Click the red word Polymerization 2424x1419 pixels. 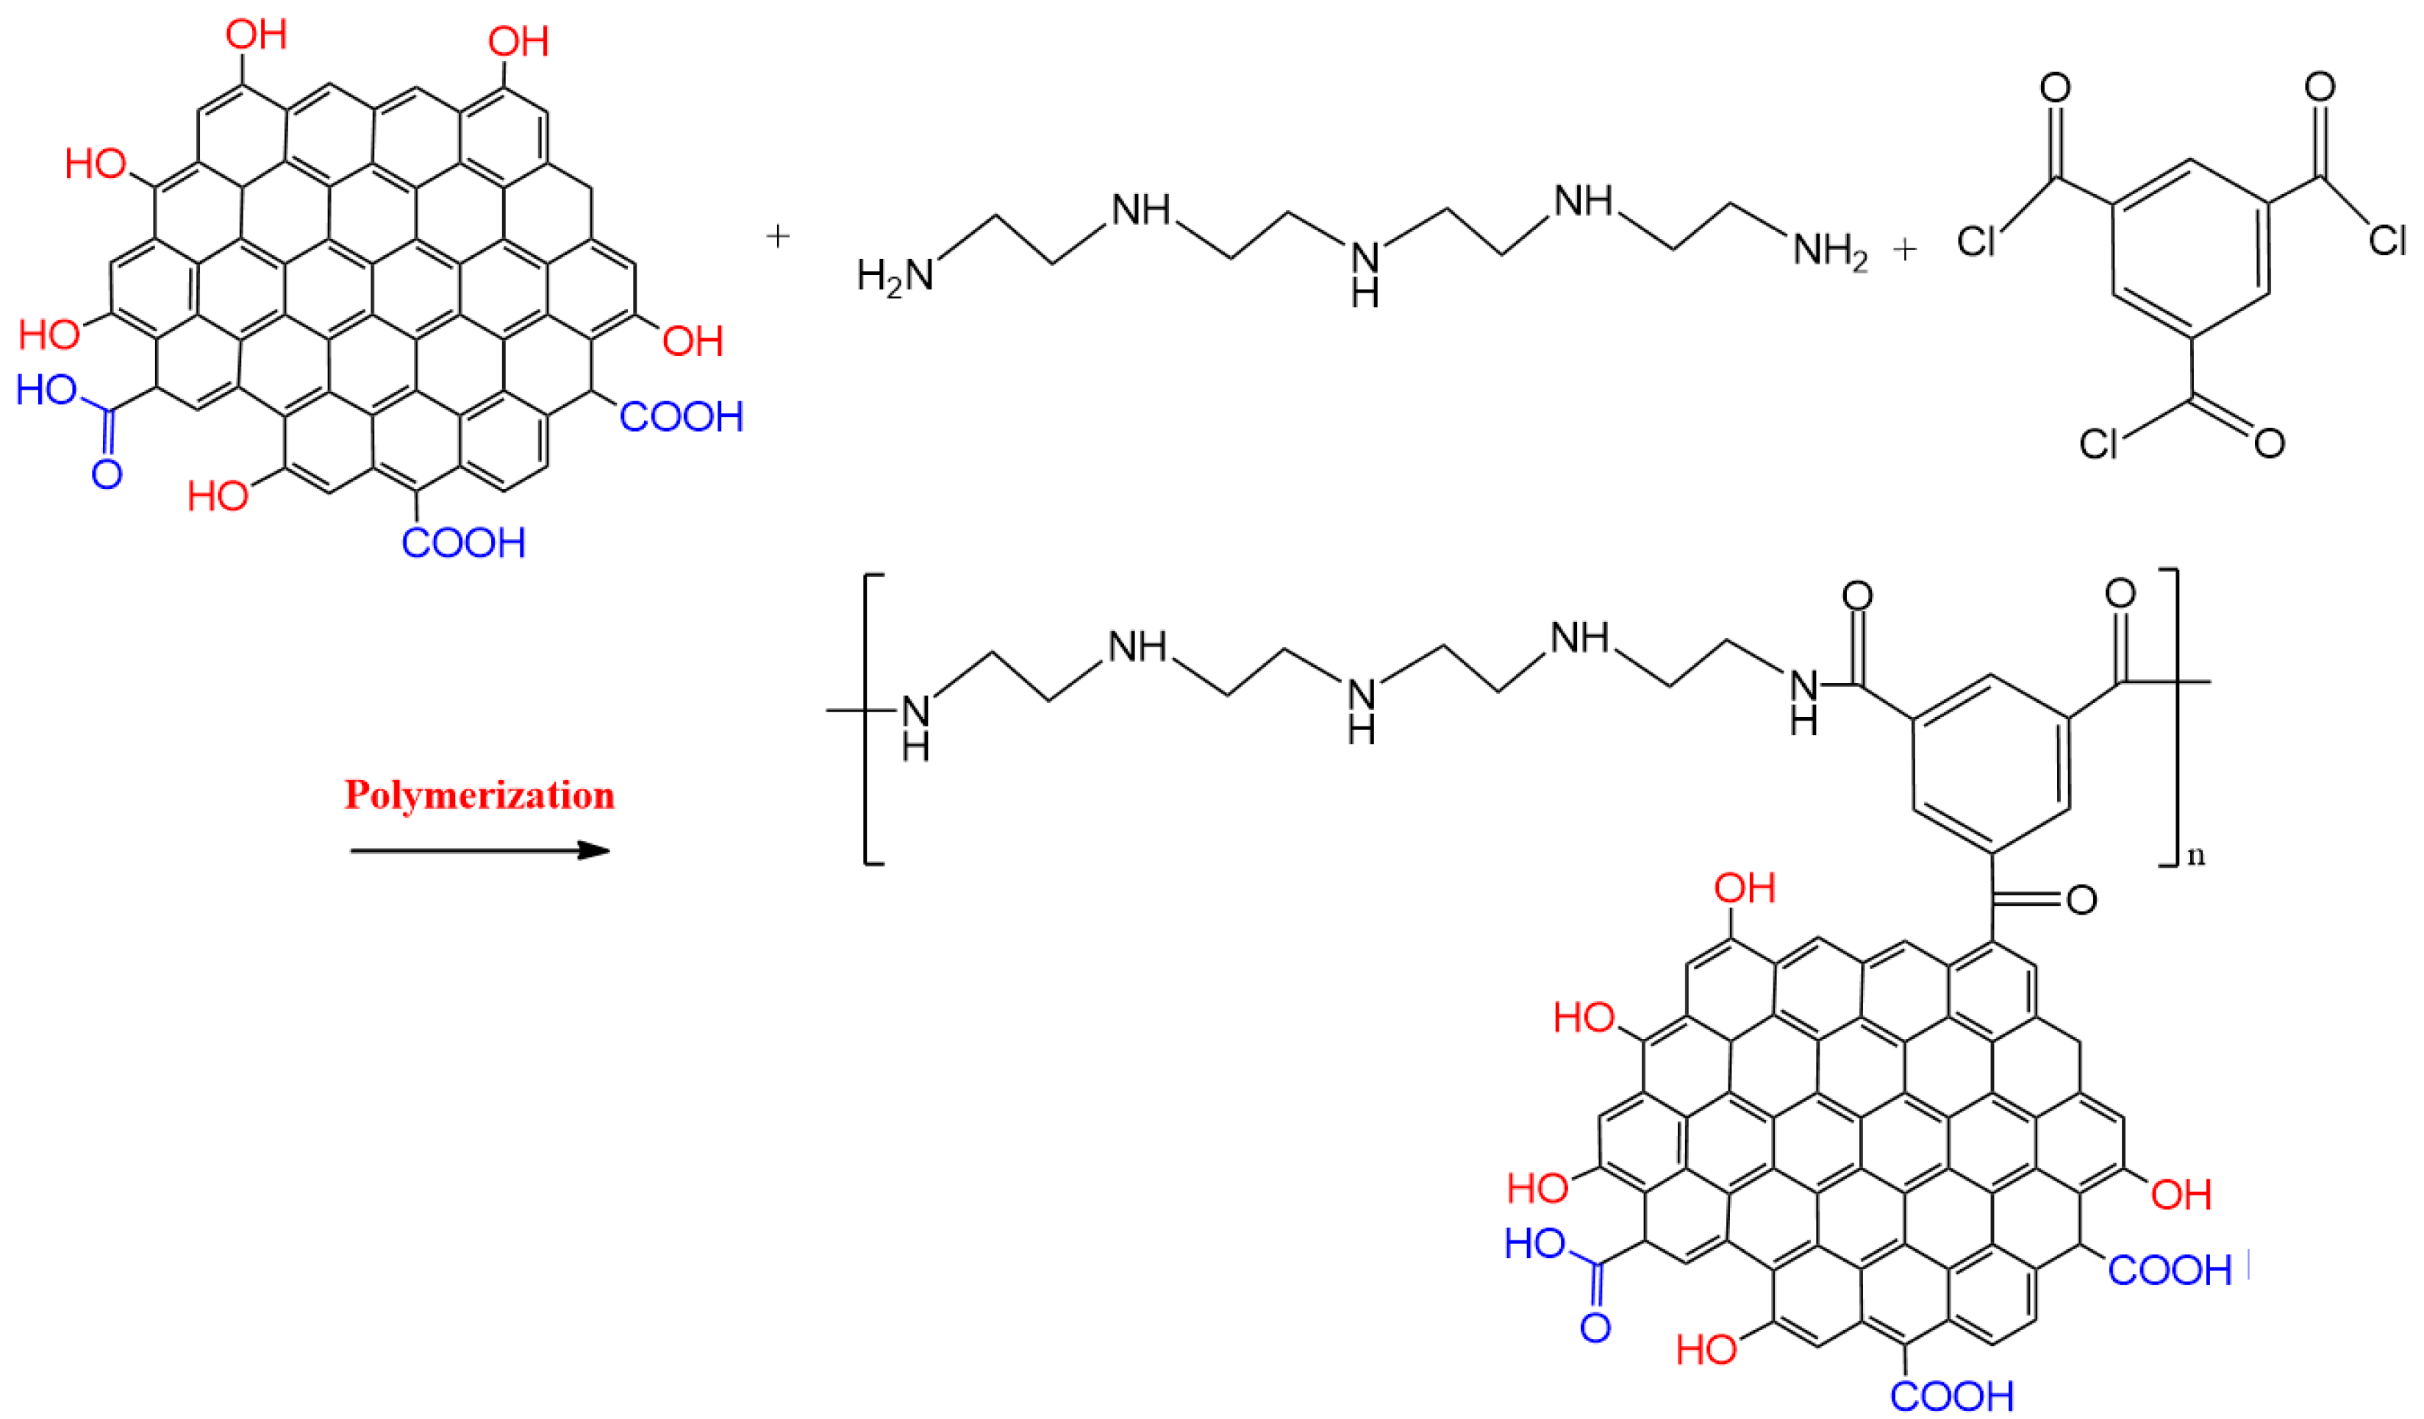click(479, 796)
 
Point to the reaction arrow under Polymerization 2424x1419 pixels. click(479, 851)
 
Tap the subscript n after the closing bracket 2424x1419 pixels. click(2196, 855)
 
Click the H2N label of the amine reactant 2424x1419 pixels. click(895, 275)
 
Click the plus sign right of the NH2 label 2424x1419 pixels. click(1904, 250)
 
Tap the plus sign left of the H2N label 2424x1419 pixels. click(777, 236)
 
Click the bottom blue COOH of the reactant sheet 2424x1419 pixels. click(464, 543)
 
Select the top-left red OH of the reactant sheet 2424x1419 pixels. click(256, 35)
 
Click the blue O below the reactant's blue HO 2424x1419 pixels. click(107, 473)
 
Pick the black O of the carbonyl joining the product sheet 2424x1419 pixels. click(2081, 899)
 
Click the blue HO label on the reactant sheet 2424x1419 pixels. click(46, 390)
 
